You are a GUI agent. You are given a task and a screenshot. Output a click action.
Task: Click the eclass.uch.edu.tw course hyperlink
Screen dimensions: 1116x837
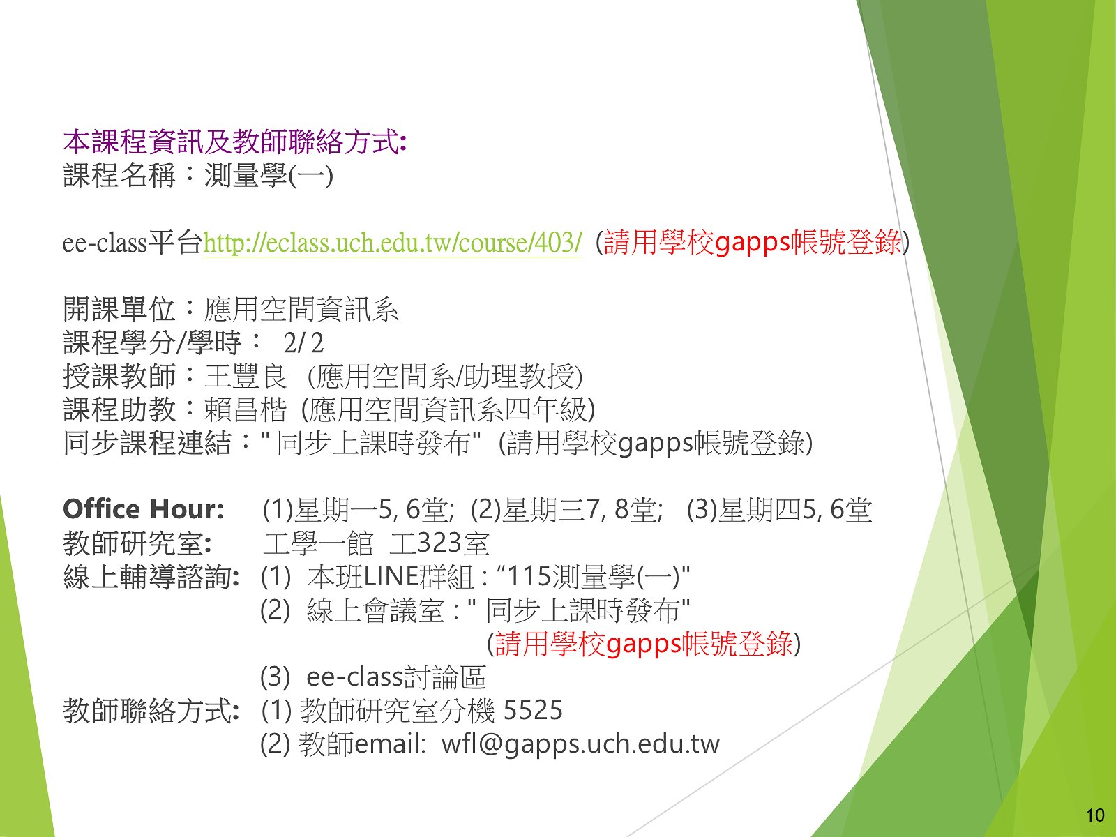pos(392,243)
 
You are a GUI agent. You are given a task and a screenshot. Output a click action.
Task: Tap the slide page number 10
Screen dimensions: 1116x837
pos(1095,815)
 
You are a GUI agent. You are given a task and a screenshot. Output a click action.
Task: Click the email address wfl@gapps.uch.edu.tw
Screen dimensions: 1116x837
pos(580,744)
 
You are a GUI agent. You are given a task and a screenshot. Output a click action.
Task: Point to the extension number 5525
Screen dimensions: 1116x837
pos(533,710)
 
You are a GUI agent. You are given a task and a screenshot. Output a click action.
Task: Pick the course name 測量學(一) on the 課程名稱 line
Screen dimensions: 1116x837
pos(269,176)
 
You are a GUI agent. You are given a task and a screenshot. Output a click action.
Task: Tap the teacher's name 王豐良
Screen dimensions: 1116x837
pos(246,376)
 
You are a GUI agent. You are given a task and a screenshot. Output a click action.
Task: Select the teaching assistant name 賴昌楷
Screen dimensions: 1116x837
pos(246,409)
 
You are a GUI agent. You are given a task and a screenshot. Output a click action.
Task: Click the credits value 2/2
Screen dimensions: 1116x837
pos(303,343)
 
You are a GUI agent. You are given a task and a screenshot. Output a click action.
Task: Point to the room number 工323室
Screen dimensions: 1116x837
pos(439,543)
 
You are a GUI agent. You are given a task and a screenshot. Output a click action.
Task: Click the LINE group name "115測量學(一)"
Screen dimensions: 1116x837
pos(594,577)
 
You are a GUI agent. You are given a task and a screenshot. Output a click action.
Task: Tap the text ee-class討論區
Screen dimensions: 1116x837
pos(397,677)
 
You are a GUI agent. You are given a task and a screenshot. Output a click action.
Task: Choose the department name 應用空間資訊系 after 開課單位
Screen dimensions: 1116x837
pos(301,310)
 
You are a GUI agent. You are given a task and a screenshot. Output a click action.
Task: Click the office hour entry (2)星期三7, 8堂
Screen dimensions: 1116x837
pos(566,510)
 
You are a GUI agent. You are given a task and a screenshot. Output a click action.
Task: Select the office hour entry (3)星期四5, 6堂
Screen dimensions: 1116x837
pos(779,510)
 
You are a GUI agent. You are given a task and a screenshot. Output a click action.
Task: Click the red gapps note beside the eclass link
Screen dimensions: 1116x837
pos(753,242)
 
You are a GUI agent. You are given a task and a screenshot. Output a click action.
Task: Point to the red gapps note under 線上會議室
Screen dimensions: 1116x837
pos(644,644)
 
